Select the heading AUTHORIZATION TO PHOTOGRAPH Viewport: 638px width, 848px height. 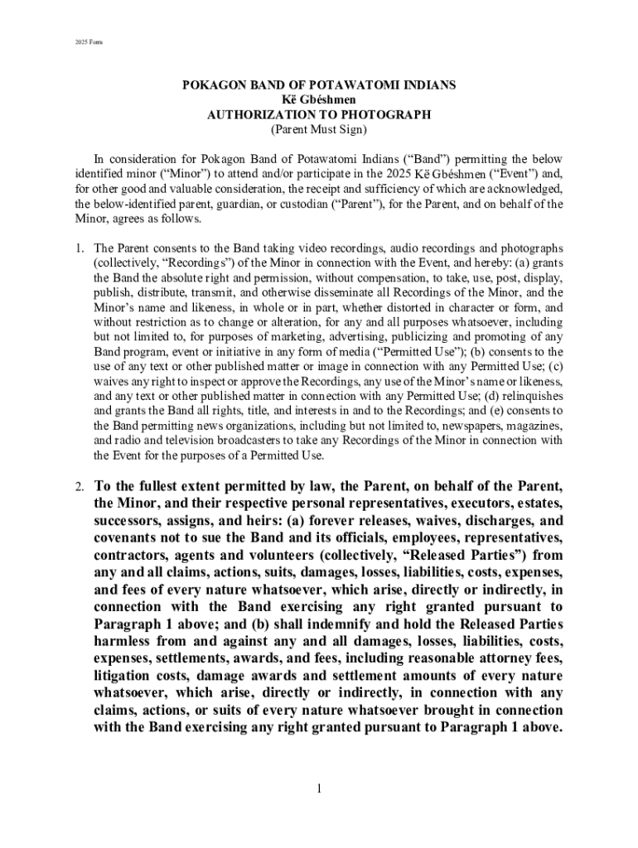319,115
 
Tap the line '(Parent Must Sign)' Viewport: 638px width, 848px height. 319,130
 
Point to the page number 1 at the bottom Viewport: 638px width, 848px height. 318,788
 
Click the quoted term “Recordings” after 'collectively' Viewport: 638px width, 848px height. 191,263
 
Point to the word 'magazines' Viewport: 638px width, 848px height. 530,426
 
